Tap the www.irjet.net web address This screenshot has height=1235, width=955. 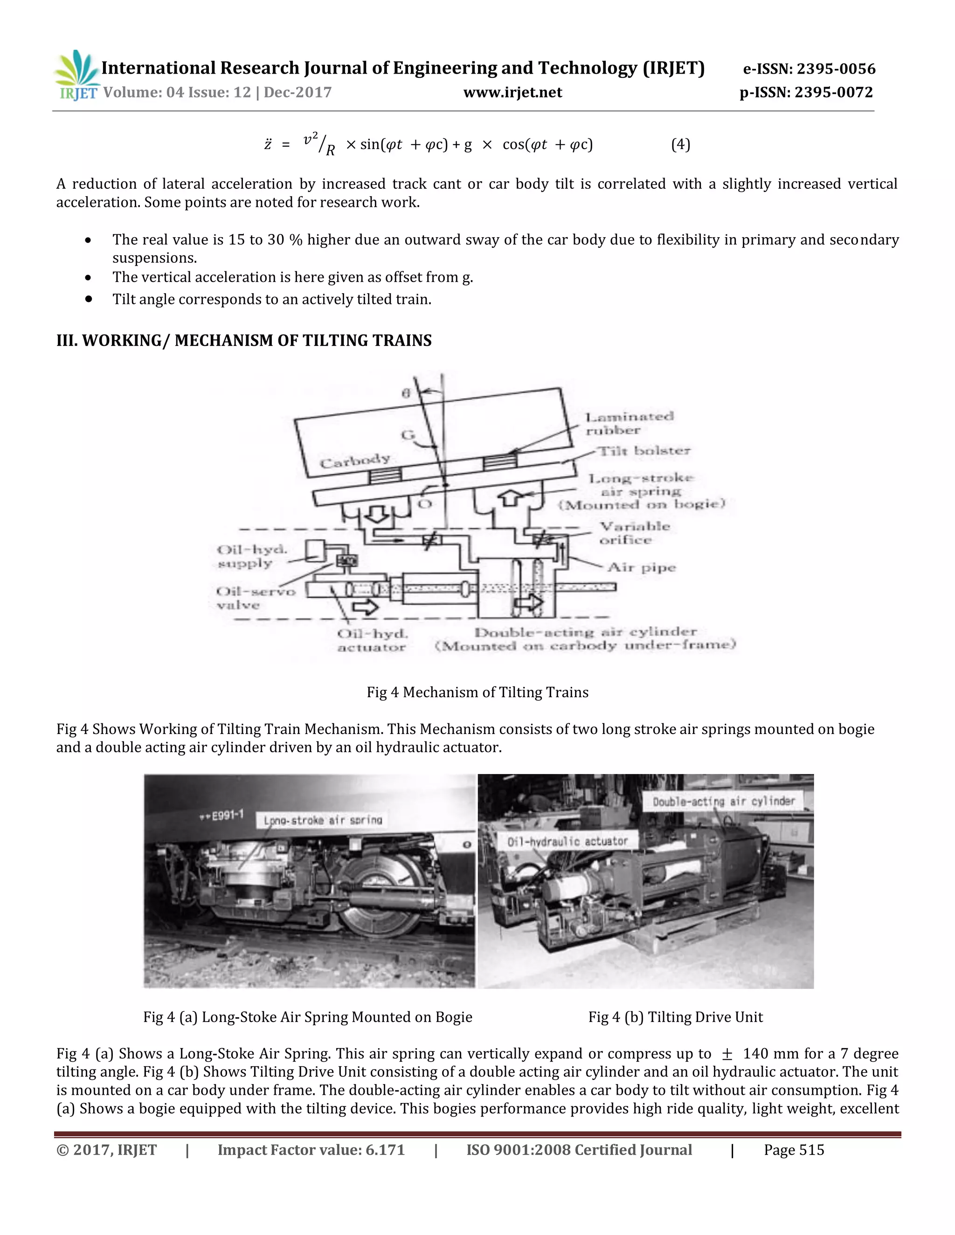(x=512, y=92)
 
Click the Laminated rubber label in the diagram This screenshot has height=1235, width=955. (x=629, y=424)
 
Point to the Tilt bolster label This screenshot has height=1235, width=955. (x=644, y=451)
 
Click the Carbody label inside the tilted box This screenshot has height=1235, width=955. (x=355, y=461)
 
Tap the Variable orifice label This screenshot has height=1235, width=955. (x=634, y=533)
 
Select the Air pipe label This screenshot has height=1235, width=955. (x=642, y=567)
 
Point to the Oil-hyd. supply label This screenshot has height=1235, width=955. (x=252, y=556)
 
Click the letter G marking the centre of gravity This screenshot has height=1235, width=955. (x=408, y=435)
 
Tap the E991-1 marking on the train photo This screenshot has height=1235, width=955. (x=222, y=815)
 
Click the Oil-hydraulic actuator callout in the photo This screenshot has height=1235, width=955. (x=567, y=841)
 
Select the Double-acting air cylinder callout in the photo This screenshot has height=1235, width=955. (x=723, y=801)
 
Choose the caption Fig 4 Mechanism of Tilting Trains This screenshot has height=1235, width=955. (x=477, y=692)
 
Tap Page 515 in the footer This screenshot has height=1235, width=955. (x=793, y=1150)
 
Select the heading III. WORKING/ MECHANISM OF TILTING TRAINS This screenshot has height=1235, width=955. (x=244, y=340)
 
